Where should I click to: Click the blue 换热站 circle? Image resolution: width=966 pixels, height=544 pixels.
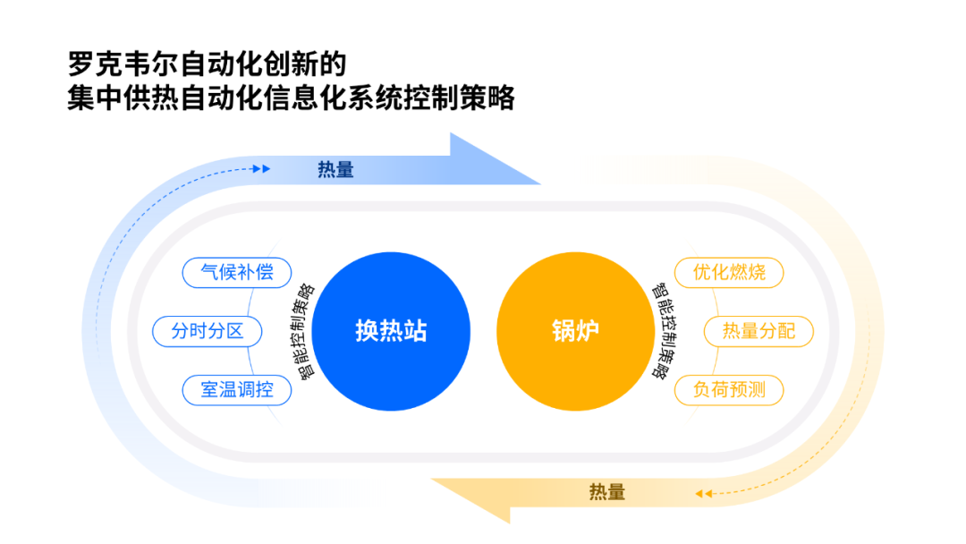tap(391, 331)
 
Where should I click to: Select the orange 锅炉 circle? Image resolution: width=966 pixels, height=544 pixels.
tap(575, 331)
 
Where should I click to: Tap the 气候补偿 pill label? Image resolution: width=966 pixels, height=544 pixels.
tap(237, 272)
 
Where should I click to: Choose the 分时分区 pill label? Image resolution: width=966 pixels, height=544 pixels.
tap(208, 331)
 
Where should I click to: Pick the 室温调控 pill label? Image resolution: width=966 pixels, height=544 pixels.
tap(237, 390)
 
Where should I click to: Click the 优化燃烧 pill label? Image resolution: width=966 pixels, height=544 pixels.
tap(729, 272)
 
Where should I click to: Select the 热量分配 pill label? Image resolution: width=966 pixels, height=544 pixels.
tap(758, 331)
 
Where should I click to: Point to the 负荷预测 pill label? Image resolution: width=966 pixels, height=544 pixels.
tap(729, 390)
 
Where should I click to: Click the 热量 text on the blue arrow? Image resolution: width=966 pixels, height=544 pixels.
tap(335, 169)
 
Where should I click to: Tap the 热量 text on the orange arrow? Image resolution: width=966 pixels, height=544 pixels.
tap(606, 492)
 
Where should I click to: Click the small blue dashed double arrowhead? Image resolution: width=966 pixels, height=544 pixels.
tap(261, 168)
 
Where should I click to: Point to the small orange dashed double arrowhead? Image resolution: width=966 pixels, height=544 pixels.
tap(705, 493)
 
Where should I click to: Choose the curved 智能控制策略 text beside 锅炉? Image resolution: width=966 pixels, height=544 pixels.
tap(662, 332)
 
